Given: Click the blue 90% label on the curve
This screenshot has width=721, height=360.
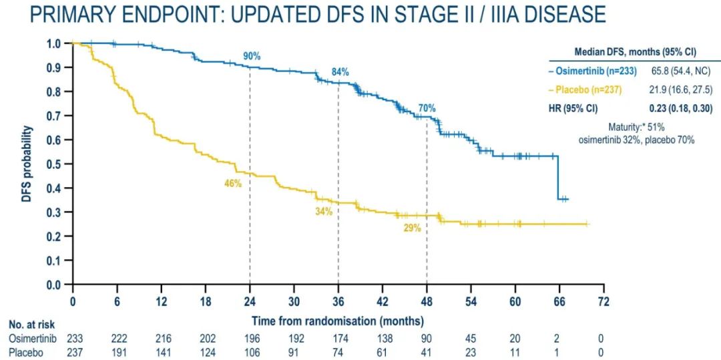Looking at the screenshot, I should click(x=251, y=57).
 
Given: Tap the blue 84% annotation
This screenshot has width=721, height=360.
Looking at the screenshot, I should click(x=340, y=72).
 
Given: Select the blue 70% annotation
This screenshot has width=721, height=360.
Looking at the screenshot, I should click(x=427, y=108).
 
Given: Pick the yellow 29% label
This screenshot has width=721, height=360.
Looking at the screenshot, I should click(x=412, y=228).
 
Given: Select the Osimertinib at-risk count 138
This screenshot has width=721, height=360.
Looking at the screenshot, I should click(x=382, y=339).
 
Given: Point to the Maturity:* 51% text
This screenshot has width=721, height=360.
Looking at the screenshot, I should click(x=636, y=127).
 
